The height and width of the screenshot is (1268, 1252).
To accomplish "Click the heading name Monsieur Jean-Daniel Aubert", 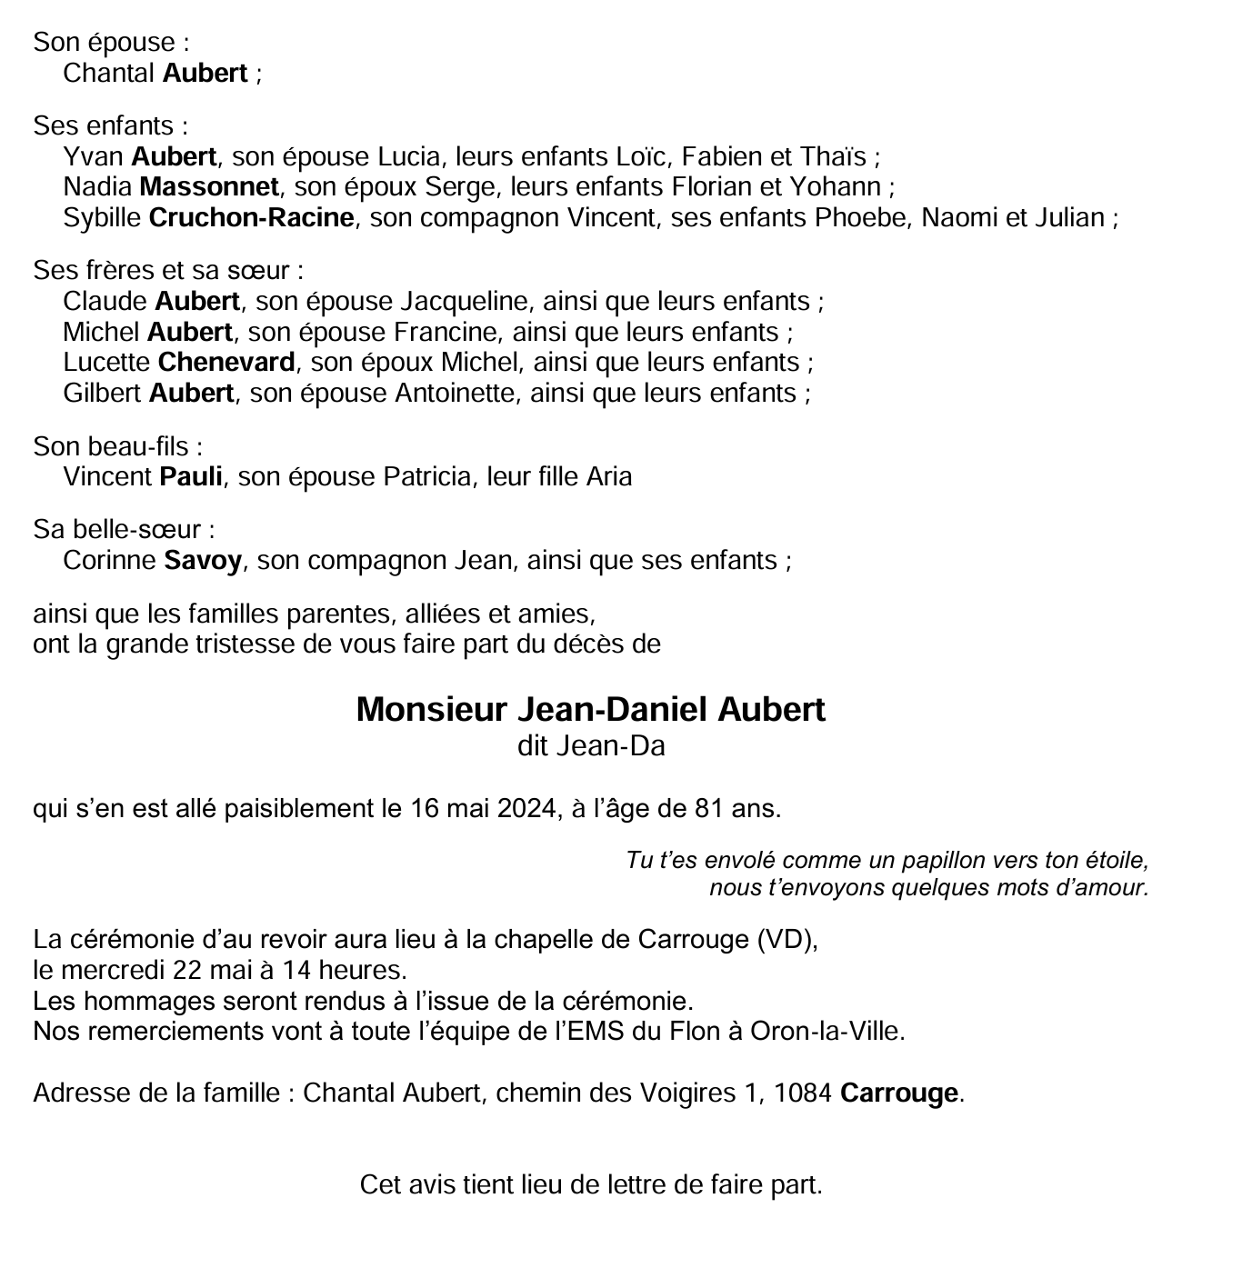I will coord(590,710).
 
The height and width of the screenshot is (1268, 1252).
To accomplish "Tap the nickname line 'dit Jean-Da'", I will coord(591,746).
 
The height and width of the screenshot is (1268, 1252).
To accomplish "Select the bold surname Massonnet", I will coord(209,187).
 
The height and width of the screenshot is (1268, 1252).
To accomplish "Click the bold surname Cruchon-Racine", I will coord(251,218).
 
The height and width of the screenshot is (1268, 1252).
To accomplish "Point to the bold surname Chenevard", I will coord(226,363).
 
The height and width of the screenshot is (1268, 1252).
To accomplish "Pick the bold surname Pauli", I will coord(191,477).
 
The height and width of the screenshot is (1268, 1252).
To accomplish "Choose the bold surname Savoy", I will coord(203,561).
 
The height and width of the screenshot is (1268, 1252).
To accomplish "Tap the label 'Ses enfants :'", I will coord(111,125).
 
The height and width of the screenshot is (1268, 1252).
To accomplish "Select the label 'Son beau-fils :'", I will coord(117,446).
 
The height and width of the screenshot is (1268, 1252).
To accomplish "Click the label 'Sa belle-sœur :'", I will coord(124,530).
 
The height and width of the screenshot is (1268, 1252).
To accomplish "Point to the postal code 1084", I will coord(802,1093).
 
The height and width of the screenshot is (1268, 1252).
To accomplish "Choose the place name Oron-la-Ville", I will coord(826,1032).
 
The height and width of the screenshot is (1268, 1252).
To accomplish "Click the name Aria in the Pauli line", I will coord(609,477).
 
